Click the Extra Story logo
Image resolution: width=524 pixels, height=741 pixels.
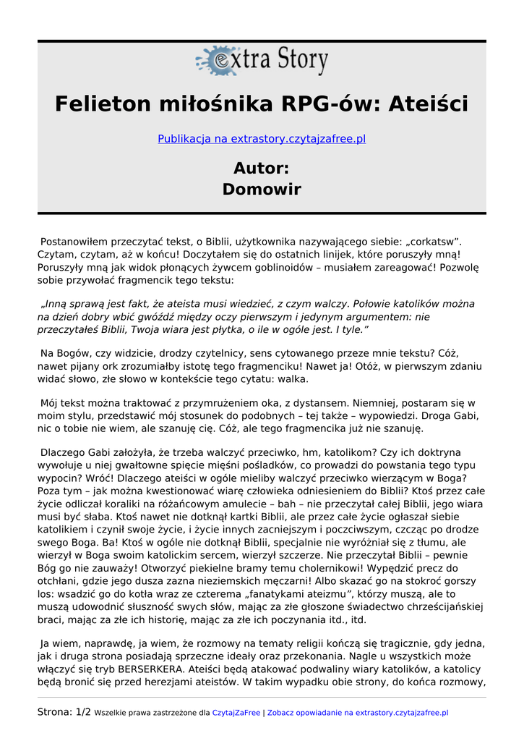pyautogui.click(x=262, y=62)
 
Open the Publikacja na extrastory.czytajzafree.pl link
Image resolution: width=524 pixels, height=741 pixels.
pyautogui.click(x=262, y=138)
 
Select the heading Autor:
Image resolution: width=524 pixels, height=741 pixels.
pyautogui.click(x=262, y=169)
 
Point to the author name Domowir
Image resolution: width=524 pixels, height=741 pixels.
pyautogui.click(x=262, y=190)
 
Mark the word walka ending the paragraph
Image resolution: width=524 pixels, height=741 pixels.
pyautogui.click(x=291, y=378)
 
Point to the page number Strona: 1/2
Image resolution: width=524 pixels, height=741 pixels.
pyautogui.click(x=64, y=712)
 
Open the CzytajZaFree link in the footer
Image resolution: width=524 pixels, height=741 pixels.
pyautogui.click(x=236, y=713)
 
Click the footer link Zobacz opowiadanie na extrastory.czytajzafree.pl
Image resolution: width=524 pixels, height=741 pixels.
pyautogui.click(x=357, y=713)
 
